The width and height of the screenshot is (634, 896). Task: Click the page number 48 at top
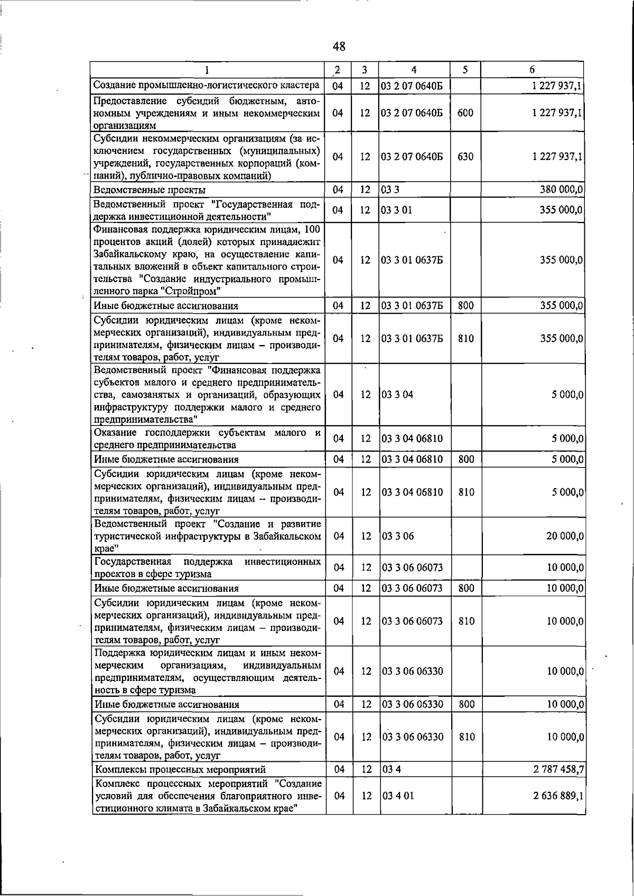tap(339, 46)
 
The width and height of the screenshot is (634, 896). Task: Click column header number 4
tap(414, 69)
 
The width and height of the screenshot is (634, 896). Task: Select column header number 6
tap(532, 69)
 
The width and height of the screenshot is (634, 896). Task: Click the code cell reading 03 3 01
tap(397, 210)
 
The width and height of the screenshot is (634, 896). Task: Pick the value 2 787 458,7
tap(558, 769)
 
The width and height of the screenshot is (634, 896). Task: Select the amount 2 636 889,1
tap(558, 796)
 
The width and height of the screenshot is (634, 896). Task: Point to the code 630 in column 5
tap(465, 157)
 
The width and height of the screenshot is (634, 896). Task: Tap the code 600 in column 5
tap(465, 113)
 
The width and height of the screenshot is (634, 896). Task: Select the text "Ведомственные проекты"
tap(150, 190)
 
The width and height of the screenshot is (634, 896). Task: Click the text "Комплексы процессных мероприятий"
tap(180, 770)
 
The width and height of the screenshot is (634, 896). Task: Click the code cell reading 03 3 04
tap(397, 395)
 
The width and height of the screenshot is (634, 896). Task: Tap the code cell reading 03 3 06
tap(397, 536)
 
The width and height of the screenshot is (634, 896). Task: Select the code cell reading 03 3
tap(390, 190)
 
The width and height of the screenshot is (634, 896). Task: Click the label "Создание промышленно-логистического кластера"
tap(207, 85)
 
